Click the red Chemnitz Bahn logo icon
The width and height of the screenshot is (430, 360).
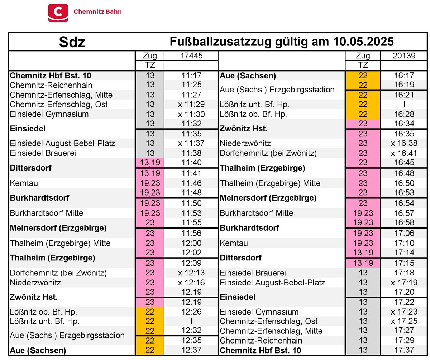point(58,13)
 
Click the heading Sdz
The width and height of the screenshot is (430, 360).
point(72,42)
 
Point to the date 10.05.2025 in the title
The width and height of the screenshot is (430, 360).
point(363,42)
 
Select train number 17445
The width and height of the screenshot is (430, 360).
point(191,56)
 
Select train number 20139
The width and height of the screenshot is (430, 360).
point(403,56)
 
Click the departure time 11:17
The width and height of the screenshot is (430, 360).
point(191,76)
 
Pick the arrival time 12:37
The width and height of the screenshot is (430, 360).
point(191,350)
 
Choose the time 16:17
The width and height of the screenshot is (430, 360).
point(404,76)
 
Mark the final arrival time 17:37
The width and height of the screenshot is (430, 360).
point(404,350)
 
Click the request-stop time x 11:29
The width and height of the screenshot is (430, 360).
point(191,105)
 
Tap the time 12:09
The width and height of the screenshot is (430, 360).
point(191,263)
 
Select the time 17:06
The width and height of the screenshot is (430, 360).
point(404,233)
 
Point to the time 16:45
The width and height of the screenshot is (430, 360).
point(404,163)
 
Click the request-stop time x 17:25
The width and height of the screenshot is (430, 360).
point(404,321)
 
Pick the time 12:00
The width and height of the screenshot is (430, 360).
point(191,243)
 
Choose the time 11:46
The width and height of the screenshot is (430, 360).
point(191,183)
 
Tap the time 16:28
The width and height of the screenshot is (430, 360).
point(404,114)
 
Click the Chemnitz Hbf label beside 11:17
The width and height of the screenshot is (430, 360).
point(51,76)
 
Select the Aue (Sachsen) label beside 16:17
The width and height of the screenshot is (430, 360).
point(248,76)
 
